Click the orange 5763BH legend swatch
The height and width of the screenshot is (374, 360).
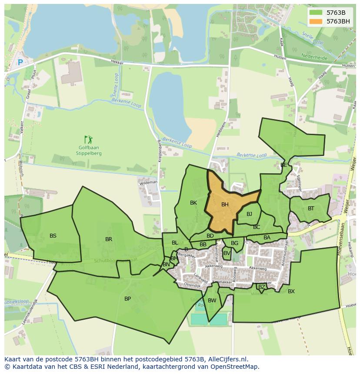316,21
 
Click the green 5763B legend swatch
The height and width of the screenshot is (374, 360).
316,13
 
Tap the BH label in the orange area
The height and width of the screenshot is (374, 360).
225,205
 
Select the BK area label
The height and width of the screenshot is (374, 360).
193,203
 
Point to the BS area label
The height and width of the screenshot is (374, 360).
53,236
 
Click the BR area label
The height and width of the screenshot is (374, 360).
109,239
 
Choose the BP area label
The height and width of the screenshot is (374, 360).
127,299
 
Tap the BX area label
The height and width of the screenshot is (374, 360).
291,291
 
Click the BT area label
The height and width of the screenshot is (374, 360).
311,209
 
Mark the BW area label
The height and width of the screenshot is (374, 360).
212,301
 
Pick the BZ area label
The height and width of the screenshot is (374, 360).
261,287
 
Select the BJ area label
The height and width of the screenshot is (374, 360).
249,214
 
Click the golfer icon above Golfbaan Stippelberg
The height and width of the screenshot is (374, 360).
89,139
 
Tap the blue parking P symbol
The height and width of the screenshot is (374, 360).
20,63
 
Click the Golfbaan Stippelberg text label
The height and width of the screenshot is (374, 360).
89,150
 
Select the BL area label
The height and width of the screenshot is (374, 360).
175,243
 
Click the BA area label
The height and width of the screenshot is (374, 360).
267,238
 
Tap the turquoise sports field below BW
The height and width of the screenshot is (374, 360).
209,319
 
